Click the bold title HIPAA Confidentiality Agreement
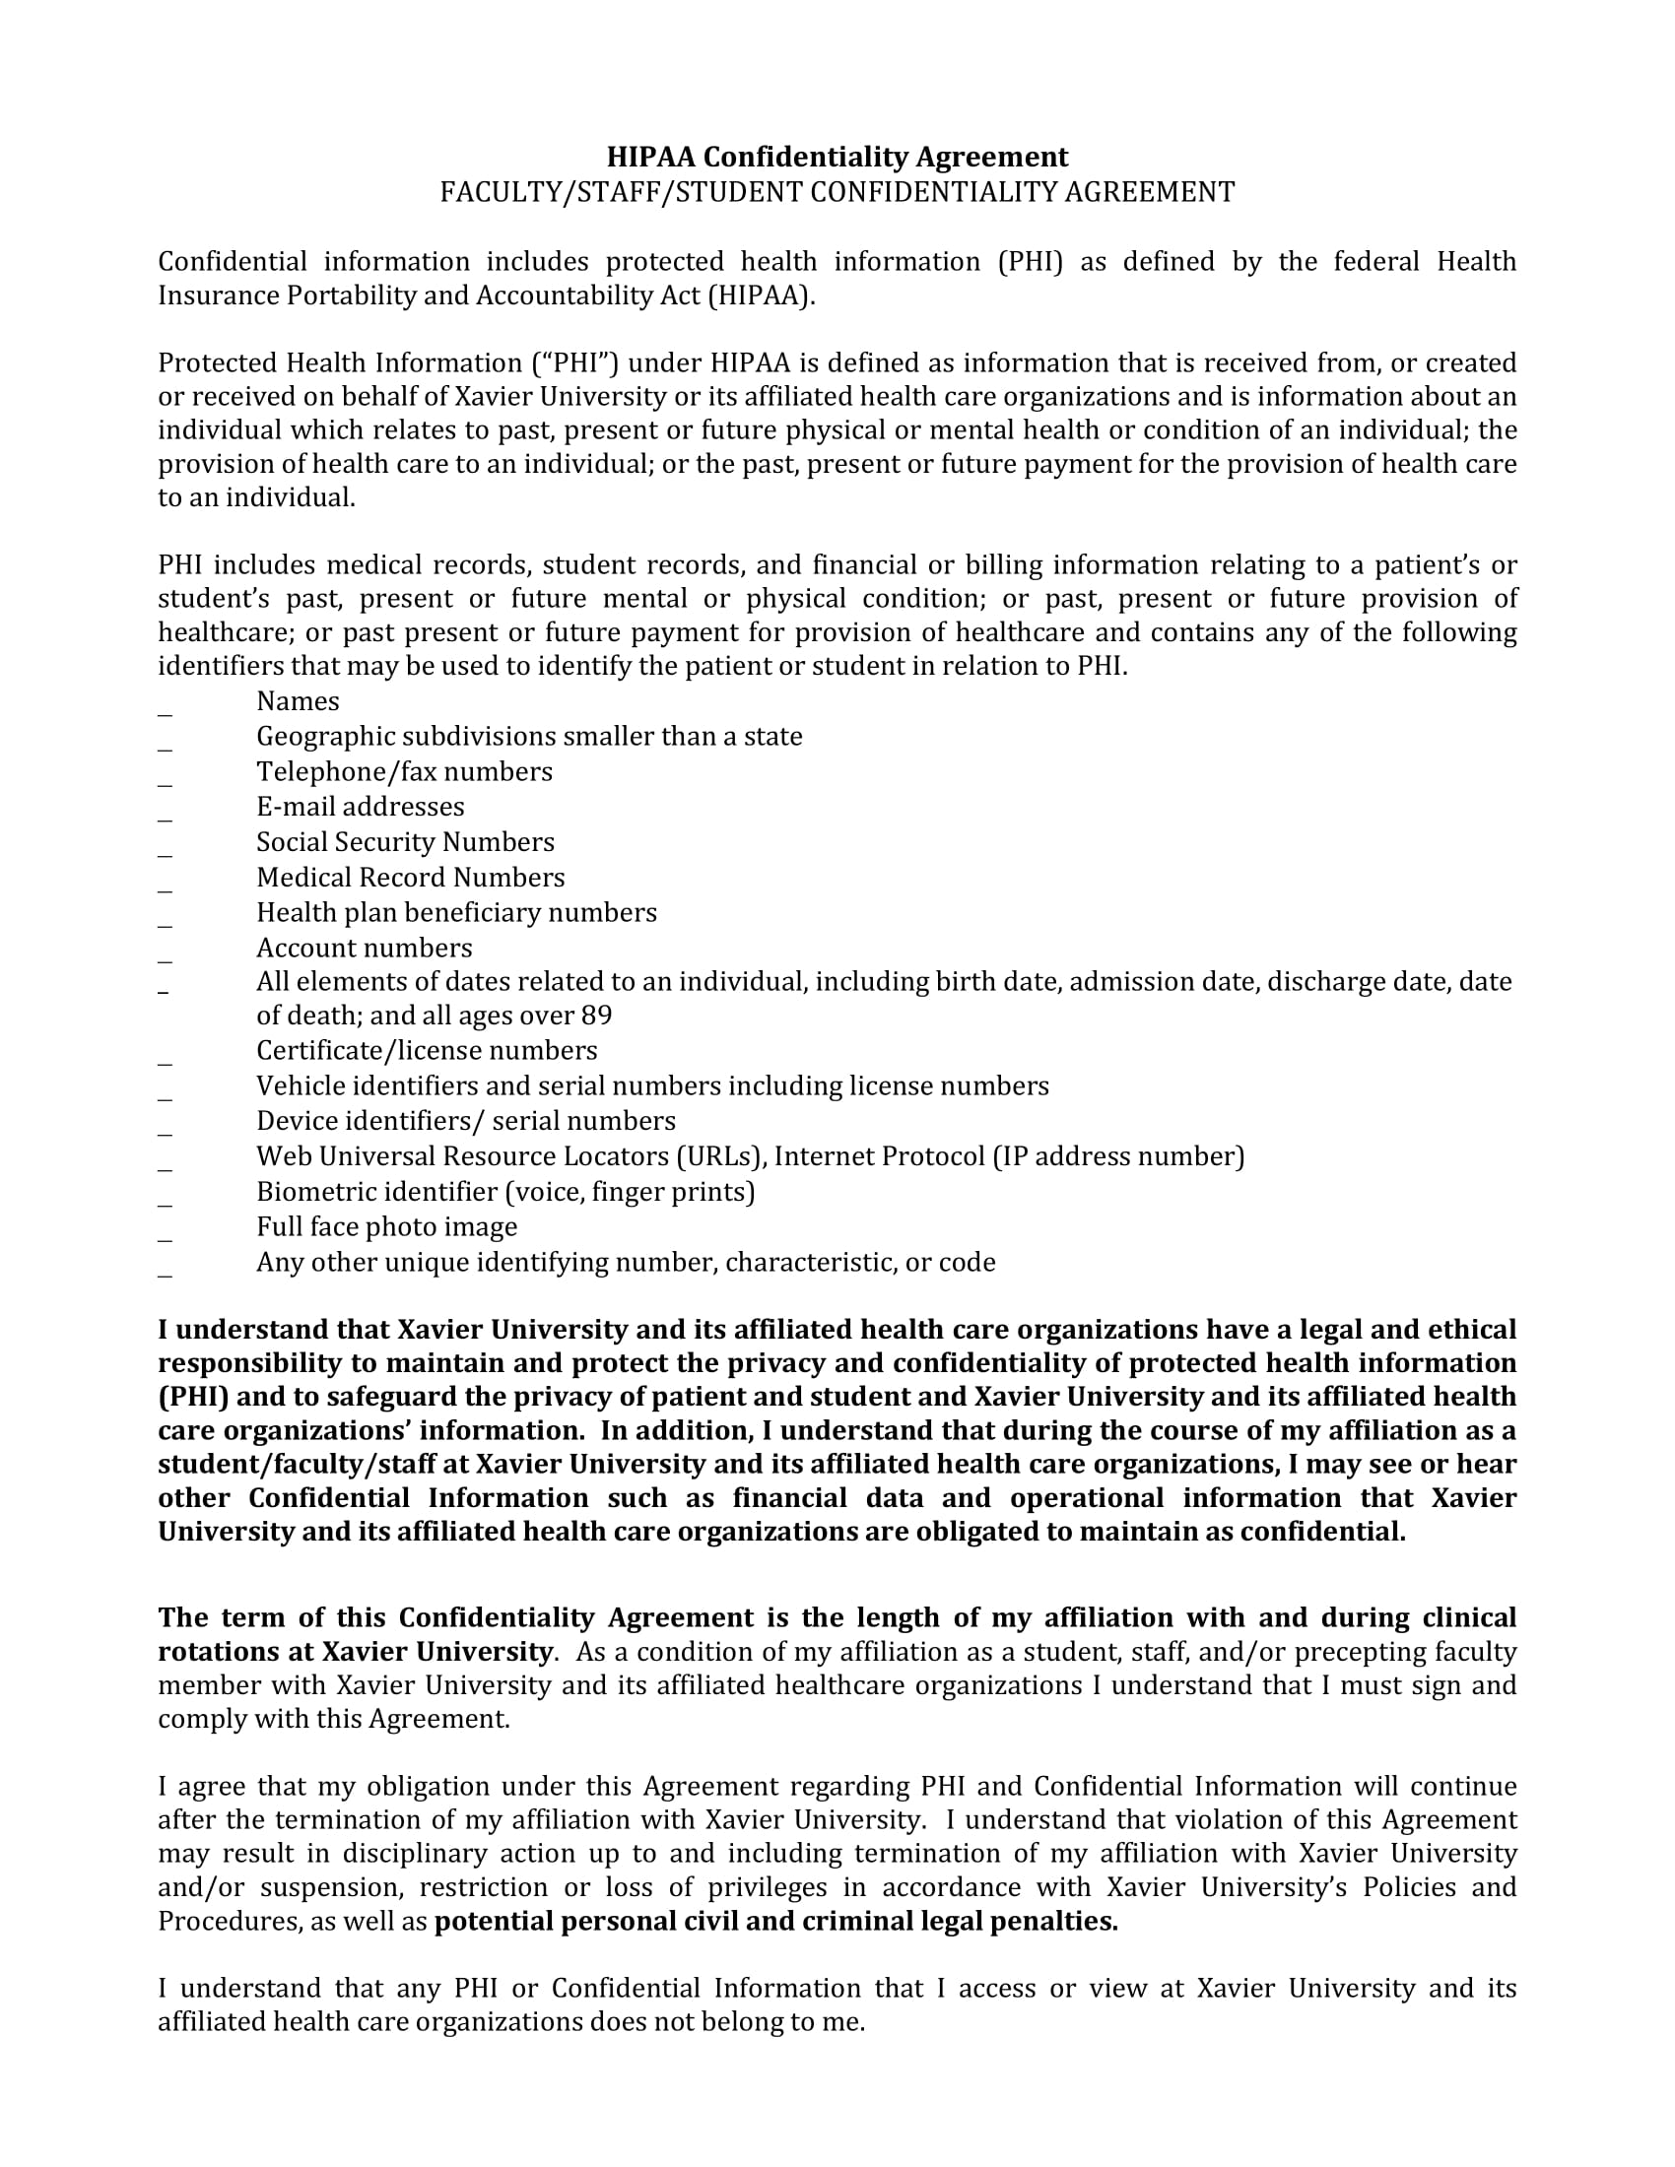pos(837,157)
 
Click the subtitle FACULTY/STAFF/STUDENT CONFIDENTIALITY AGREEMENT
pos(837,191)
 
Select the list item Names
pos(298,701)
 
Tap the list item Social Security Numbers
pos(405,842)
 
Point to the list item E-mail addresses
pos(361,807)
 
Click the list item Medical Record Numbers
pos(410,877)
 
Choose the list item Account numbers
pos(365,948)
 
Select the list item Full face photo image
pos(387,1227)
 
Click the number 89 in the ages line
pos(597,1017)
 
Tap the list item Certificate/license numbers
pos(427,1051)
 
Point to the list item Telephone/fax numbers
pos(404,772)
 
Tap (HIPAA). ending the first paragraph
pos(760,295)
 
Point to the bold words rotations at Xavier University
pos(355,1652)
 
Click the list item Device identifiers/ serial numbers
pos(465,1121)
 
